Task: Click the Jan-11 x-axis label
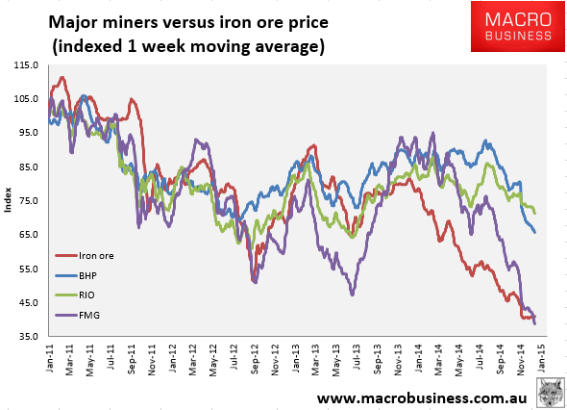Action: tap(49, 360)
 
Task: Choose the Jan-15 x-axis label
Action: tap(544, 360)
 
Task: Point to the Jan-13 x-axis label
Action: tap(297, 360)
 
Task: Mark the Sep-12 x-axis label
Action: tap(256, 360)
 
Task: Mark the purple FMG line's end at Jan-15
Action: tap(535, 324)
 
